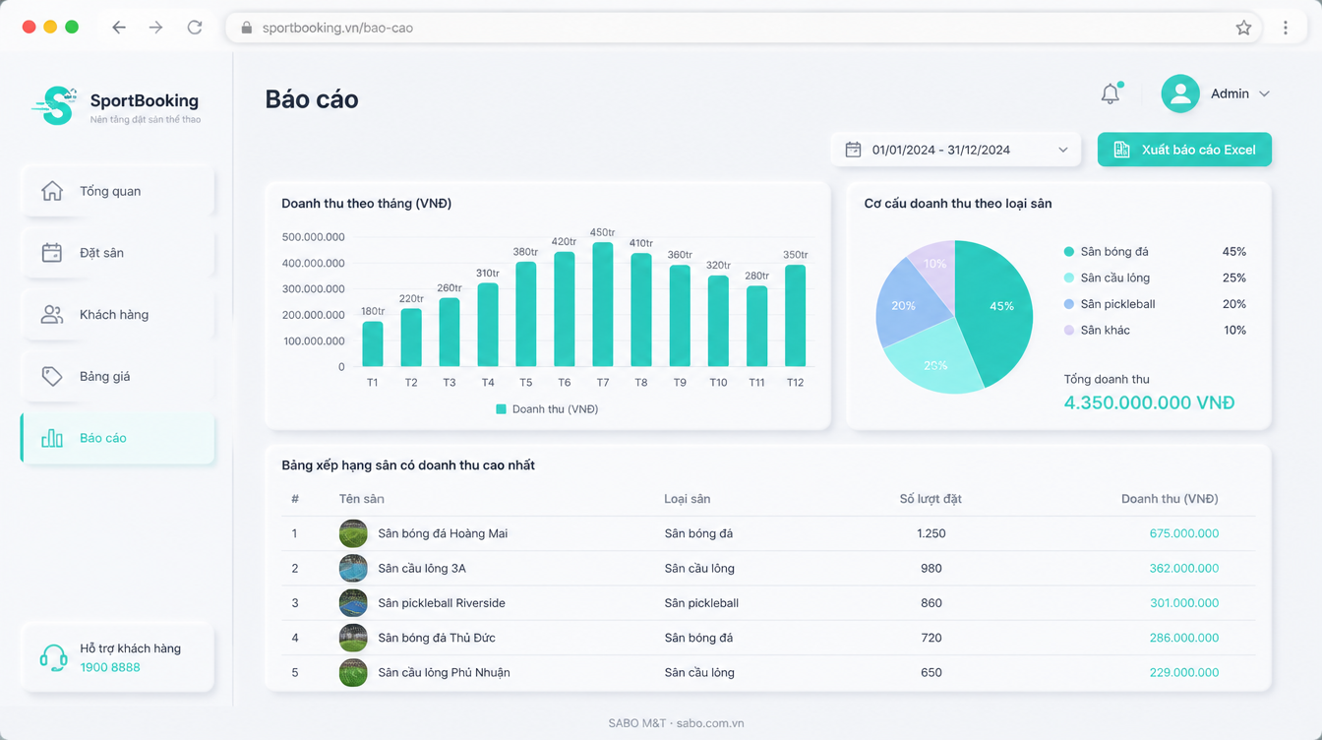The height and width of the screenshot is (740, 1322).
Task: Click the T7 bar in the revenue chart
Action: (x=603, y=304)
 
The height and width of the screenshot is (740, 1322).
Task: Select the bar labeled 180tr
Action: (x=373, y=343)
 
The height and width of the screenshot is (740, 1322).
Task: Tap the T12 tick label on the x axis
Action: (x=795, y=383)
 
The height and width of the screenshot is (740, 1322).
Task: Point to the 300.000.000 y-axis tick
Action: (x=314, y=288)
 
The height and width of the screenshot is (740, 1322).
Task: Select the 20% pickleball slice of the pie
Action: (x=906, y=304)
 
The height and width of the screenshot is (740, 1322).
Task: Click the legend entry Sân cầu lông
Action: (x=1114, y=277)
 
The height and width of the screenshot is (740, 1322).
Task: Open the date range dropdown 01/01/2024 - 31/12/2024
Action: (x=955, y=150)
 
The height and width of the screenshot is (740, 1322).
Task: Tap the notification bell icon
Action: (x=1111, y=93)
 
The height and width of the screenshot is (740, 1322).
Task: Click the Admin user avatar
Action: (x=1180, y=93)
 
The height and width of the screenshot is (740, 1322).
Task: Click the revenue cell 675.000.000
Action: (x=1184, y=533)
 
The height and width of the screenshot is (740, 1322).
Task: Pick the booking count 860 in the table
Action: (x=931, y=603)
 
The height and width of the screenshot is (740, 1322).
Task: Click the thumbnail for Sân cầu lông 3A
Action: (x=353, y=568)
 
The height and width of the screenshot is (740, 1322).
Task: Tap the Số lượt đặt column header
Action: (x=931, y=499)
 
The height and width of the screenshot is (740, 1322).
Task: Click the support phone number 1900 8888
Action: (x=110, y=667)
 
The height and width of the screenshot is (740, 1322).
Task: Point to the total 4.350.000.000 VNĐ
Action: (x=1149, y=402)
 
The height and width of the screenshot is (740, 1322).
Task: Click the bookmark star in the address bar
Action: (x=1243, y=28)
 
